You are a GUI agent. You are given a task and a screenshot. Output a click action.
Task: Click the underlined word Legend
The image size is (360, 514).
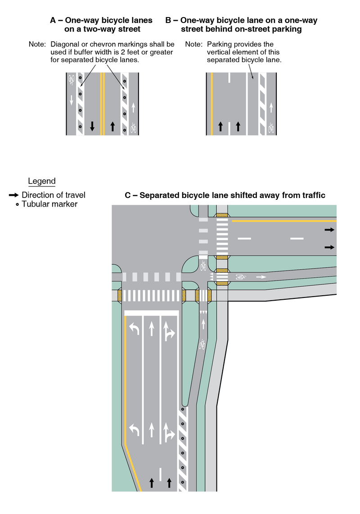pos(42,181)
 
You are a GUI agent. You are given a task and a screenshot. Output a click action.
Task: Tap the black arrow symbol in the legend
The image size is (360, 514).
pos(14,195)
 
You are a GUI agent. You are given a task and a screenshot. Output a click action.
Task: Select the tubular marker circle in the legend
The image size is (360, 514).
pos(17,205)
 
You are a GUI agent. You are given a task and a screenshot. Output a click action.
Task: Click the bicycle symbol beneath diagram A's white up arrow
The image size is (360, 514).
pos(133,128)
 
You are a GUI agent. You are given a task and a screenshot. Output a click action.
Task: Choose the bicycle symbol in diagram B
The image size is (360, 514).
pos(271,128)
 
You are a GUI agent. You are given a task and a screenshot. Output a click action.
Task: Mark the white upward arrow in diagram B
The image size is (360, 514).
pos(271,107)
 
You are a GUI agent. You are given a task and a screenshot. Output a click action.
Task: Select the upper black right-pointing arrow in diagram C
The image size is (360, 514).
pos(330,230)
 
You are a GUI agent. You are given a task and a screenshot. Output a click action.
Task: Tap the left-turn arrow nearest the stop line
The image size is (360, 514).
pos(135,329)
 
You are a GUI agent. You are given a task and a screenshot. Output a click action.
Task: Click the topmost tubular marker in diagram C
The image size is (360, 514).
pos(183,410)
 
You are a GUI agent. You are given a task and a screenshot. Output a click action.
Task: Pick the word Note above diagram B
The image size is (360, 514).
pos(193,45)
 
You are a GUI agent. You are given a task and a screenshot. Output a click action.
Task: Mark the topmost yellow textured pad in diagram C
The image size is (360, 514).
pos(222,216)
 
